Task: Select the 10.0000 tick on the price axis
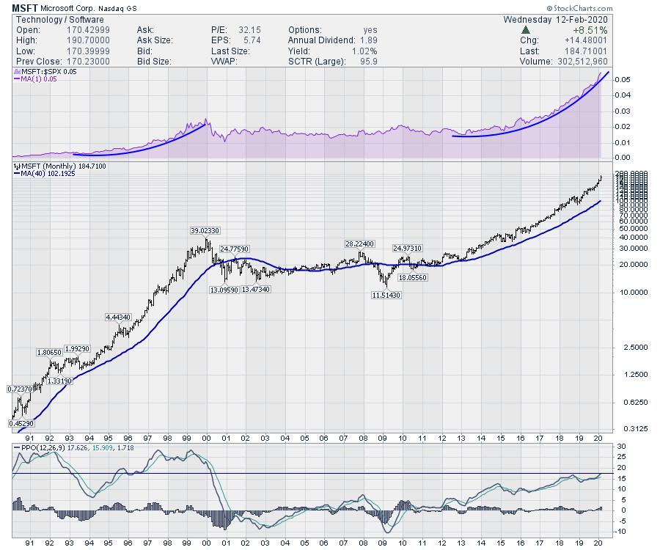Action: click(624, 292)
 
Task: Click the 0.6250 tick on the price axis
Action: click(624, 402)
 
